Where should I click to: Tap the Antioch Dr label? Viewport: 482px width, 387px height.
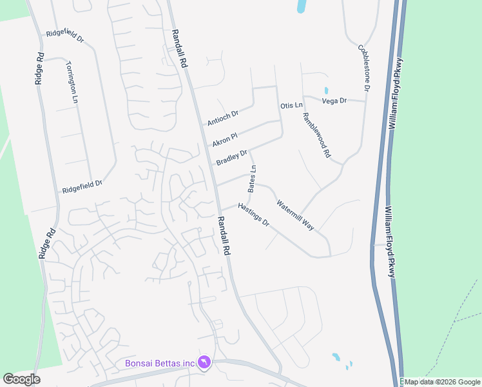tap(223, 117)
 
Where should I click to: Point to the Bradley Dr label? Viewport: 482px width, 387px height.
tap(232, 157)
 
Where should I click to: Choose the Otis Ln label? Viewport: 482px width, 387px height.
tap(291, 105)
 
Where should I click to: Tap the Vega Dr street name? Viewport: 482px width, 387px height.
tap(334, 101)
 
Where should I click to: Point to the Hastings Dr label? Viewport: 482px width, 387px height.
tap(253, 215)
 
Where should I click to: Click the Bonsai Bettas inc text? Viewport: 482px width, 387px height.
tap(159, 363)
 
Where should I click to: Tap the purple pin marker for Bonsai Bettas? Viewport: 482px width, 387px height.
tap(205, 363)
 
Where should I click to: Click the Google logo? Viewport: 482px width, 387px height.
tap(21, 379)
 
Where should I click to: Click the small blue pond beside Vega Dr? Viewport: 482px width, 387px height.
tap(326, 90)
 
